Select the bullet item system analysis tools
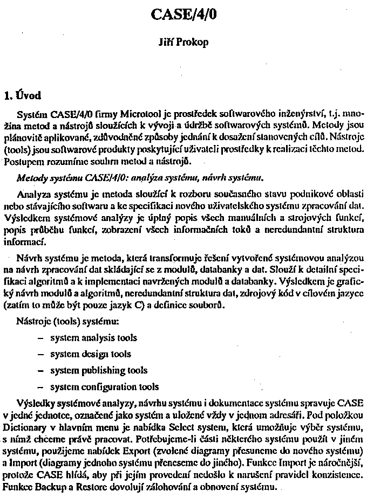(93, 338)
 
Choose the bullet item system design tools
(90, 354)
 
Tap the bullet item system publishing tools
(98, 370)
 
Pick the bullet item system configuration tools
(104, 386)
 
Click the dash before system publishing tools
(41, 371)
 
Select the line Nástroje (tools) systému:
(67, 322)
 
